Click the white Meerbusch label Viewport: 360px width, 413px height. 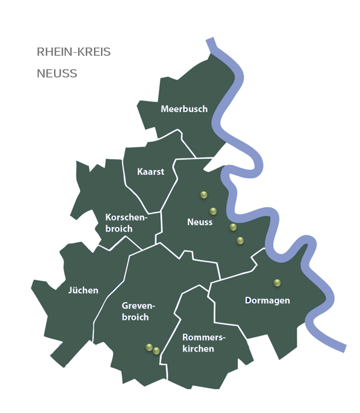coord(184,109)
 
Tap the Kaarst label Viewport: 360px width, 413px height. coord(150,172)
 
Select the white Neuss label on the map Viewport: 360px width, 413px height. coord(200,222)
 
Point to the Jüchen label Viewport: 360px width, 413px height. coord(83,290)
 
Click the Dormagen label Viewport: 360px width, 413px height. coord(267,300)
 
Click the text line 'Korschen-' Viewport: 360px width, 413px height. coord(125,217)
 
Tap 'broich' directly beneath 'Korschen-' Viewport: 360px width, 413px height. coord(119,229)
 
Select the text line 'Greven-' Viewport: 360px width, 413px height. coord(138,306)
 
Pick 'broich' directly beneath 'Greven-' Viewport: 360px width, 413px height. coord(135,317)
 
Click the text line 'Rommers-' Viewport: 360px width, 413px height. coord(204,337)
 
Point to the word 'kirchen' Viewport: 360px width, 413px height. coord(198,349)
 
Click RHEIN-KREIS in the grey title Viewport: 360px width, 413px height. coord(73,52)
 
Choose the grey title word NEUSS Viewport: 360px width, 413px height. coord(57,74)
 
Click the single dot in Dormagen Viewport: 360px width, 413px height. coord(277,283)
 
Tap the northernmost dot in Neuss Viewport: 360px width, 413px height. coord(204,195)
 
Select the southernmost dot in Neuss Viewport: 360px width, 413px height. coord(240,241)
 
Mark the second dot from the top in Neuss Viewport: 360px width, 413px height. coord(213,211)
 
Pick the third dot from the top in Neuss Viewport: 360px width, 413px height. coord(233,227)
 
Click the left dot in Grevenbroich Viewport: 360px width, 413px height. coord(149,347)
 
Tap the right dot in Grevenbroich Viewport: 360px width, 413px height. coord(156,351)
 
